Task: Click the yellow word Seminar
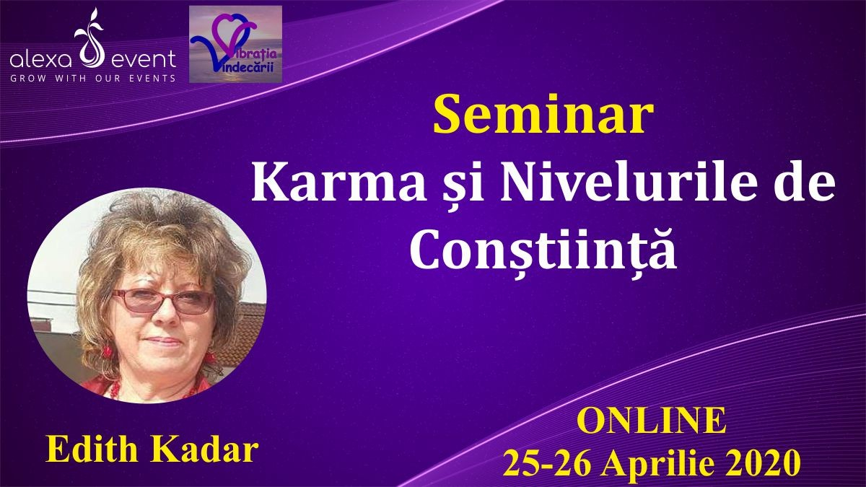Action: [x=543, y=115]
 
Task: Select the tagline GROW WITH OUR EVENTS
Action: [x=93, y=79]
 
